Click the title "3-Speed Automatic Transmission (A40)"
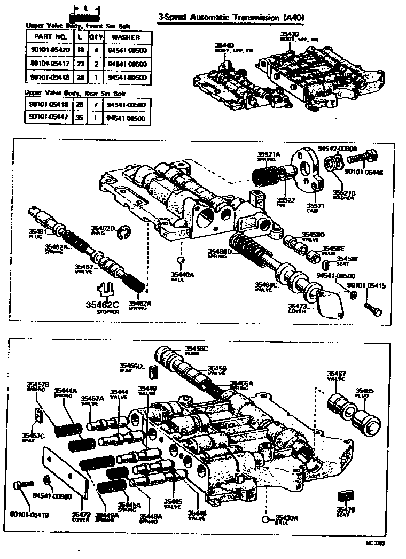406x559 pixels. click(231, 18)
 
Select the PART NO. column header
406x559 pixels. click(50, 37)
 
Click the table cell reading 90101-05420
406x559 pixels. click(50, 51)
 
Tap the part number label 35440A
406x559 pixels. click(182, 275)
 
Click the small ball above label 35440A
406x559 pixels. click(181, 260)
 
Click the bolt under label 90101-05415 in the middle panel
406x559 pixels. click(372, 308)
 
